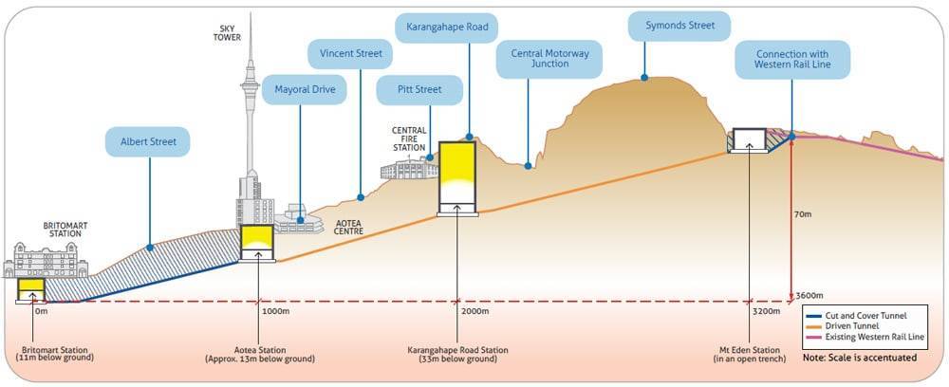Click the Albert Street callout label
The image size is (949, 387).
[148, 143]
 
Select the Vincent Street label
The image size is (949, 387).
[351, 54]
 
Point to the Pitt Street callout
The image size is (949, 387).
[419, 91]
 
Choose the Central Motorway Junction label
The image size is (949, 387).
[550, 58]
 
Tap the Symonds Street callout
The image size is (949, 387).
[673, 26]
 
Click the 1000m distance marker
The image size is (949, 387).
[275, 311]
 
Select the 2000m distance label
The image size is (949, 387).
[474, 311]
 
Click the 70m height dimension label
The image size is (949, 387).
[804, 214]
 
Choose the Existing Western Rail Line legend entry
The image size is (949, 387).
[871, 338]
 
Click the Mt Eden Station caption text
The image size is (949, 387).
[749, 355]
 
